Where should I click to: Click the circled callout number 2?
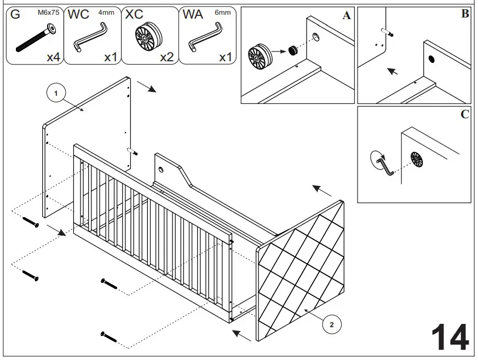point(331,324)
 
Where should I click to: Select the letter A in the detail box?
point(346,16)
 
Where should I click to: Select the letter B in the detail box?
point(465,14)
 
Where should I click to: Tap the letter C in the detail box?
point(465,114)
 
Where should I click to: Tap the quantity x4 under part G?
point(53,57)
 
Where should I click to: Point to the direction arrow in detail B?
point(392,71)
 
